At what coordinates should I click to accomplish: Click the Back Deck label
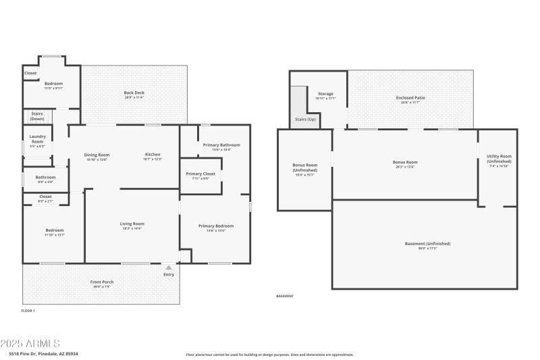click(x=134, y=93)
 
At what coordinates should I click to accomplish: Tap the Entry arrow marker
click(x=169, y=267)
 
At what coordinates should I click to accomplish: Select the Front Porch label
click(x=102, y=282)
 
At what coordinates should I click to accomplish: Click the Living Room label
click(x=132, y=224)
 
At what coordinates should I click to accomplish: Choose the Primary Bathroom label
click(x=221, y=145)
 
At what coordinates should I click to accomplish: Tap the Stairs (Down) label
click(x=36, y=116)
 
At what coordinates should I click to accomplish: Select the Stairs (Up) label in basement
click(x=305, y=119)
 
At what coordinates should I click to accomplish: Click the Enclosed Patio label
click(x=410, y=98)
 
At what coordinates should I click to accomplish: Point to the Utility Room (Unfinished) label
click(x=499, y=159)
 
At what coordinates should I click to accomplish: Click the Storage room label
click(x=325, y=94)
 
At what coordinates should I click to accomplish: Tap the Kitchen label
click(x=152, y=155)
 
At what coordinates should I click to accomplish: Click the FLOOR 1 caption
click(x=28, y=311)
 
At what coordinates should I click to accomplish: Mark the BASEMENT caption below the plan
click(x=286, y=297)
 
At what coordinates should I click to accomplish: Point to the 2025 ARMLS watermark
click(x=30, y=344)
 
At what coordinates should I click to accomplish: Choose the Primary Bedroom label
click(x=215, y=226)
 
